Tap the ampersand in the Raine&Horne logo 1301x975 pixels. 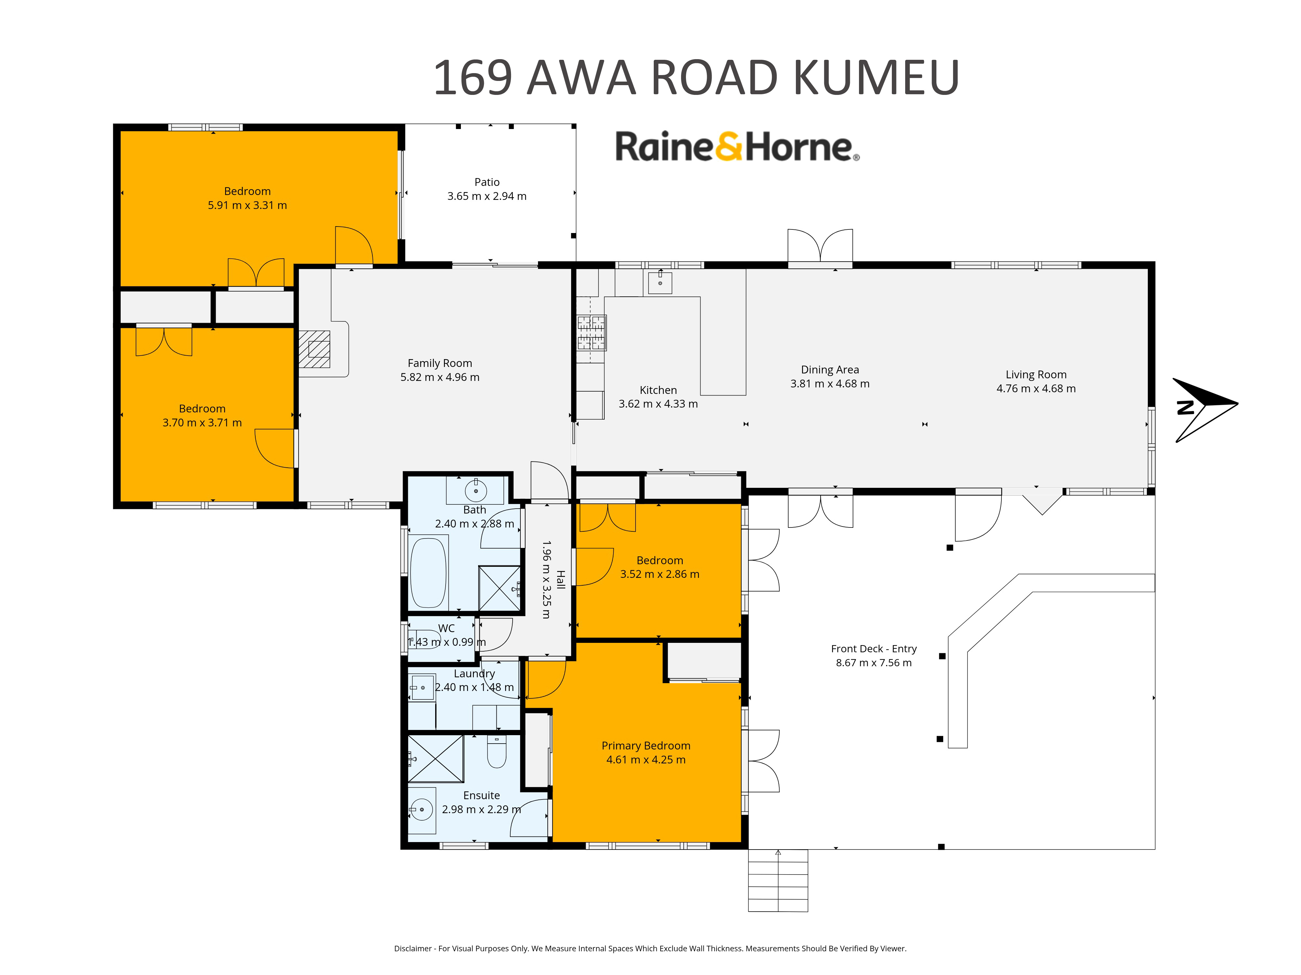point(729,146)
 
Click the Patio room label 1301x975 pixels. point(487,182)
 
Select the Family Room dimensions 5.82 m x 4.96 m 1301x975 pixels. point(440,377)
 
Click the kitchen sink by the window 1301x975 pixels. point(660,282)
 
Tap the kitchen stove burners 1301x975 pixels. point(591,333)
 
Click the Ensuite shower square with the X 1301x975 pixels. point(436,759)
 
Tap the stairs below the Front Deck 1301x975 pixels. point(778,880)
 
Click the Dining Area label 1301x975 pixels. point(830,370)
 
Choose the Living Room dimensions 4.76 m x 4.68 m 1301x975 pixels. point(1036,388)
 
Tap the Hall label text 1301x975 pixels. point(560,579)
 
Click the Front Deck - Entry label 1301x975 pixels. point(874,649)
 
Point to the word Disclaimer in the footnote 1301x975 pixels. point(413,949)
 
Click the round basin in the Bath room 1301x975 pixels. point(476,490)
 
